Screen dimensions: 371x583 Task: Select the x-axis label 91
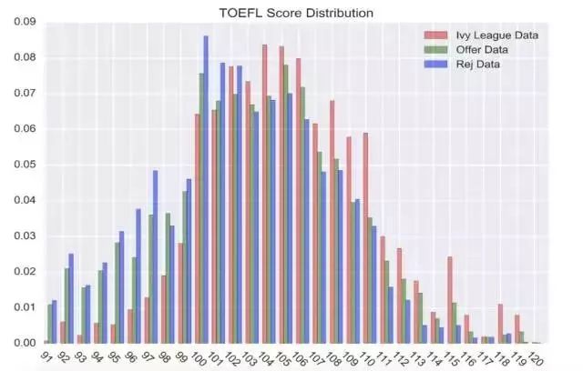click(x=47, y=356)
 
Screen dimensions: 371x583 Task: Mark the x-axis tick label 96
click(x=131, y=356)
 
